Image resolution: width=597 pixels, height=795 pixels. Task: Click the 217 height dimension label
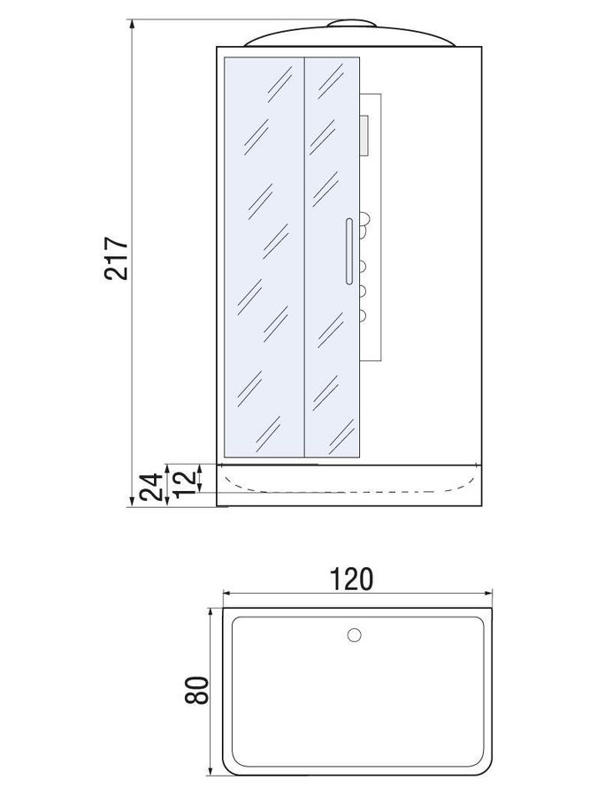point(117,258)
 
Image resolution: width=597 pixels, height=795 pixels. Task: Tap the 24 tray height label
point(151,487)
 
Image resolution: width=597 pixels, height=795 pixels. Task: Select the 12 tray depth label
point(185,482)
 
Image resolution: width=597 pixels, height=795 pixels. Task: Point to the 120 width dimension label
point(351,579)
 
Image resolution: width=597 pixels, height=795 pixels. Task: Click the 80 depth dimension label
point(196,690)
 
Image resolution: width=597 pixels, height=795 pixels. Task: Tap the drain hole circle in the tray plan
point(354,634)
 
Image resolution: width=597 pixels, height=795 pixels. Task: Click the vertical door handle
point(348,251)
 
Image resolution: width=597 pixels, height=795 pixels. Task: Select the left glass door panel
point(264,257)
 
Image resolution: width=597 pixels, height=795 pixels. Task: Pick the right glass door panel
point(332,257)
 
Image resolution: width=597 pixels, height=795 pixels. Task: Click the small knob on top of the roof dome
point(351,23)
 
